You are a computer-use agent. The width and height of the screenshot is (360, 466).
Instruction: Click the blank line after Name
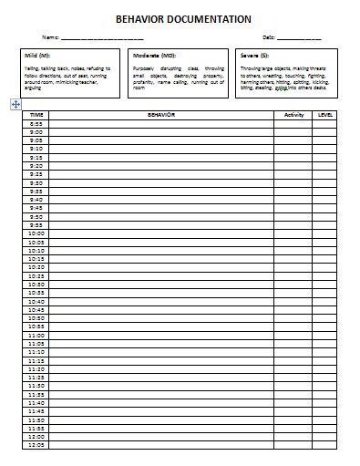coord(101,37)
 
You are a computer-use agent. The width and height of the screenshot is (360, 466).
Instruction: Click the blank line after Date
coord(299,37)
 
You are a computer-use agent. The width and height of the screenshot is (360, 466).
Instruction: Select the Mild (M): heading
coord(37,56)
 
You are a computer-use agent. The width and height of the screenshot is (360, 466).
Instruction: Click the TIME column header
coord(36,115)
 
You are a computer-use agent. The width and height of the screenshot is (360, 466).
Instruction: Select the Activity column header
coord(293,115)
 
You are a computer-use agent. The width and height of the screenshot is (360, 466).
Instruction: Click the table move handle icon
coord(15,105)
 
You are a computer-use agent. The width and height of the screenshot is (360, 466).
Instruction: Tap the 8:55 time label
coord(36,123)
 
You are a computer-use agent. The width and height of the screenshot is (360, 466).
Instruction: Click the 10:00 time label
coord(36,233)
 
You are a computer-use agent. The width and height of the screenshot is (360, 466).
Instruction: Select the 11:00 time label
coord(36,334)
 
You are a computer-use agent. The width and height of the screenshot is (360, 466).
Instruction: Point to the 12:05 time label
coord(36,444)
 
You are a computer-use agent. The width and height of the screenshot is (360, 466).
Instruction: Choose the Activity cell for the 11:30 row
coord(293,385)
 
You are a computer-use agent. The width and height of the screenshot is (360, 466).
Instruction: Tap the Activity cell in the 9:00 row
coord(293,131)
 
